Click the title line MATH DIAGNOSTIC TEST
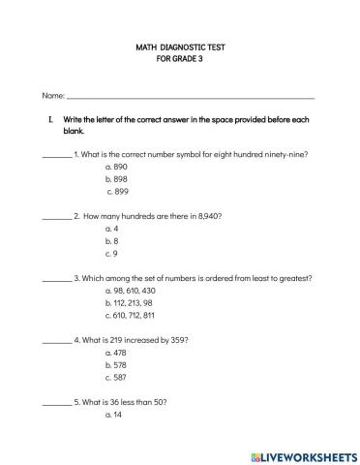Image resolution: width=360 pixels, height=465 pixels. (181, 46)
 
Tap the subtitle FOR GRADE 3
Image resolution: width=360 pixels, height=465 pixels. (181, 59)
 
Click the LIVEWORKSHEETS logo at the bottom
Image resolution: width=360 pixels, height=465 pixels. (299, 453)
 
